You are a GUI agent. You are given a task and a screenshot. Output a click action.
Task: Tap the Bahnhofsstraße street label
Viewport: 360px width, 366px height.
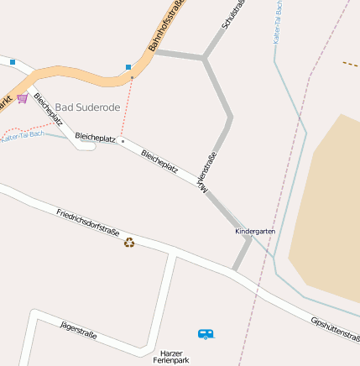pos(167,26)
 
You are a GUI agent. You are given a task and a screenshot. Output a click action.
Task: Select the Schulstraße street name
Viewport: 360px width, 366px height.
pos(233,15)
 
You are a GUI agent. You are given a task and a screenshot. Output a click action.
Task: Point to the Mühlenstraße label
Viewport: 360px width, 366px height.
pos(206,168)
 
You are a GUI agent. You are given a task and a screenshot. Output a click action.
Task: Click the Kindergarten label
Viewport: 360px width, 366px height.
pos(255,231)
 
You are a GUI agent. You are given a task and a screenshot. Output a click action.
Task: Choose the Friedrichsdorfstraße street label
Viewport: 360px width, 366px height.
pos(88,224)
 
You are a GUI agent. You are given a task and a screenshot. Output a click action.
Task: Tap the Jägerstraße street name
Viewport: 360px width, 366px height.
pos(78,331)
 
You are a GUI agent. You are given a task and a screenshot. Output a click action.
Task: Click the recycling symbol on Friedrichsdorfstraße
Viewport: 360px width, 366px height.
pos(129,243)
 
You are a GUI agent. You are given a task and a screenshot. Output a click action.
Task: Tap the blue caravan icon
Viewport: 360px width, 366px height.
pos(206,334)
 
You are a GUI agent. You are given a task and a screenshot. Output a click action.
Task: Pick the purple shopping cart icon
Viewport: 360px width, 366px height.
pos(23,98)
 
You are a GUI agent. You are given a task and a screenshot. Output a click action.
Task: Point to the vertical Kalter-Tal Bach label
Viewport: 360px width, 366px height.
pos(278,22)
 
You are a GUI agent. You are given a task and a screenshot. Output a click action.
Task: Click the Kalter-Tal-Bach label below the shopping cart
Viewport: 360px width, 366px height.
pos(22,135)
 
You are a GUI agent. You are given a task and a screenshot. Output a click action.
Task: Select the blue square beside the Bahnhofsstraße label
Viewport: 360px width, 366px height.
pos(128,66)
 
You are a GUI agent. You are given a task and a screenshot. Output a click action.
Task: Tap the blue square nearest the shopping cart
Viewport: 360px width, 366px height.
pos(13,62)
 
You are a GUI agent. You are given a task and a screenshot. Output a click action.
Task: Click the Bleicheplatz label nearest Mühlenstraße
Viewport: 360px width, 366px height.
pos(159,161)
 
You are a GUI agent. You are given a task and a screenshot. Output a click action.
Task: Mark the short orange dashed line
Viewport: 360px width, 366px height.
pos(351,64)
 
